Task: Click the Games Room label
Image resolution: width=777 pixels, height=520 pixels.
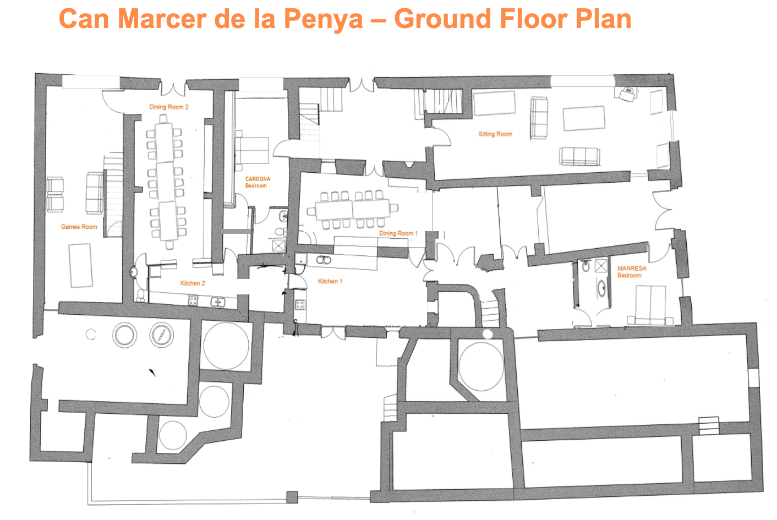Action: tap(79, 227)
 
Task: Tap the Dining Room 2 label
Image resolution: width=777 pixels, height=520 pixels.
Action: tap(169, 107)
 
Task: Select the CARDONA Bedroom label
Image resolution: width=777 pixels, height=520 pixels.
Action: tap(258, 182)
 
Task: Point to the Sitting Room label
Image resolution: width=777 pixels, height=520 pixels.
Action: tap(495, 134)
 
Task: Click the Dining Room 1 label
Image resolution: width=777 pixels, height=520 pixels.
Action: tap(398, 233)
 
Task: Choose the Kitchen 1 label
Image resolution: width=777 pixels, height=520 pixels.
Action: tap(330, 281)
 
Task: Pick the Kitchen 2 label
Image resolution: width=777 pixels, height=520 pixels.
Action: tap(193, 283)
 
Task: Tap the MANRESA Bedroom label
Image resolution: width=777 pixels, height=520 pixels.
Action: tap(632, 272)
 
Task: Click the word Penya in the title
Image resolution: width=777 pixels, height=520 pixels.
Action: tap(323, 19)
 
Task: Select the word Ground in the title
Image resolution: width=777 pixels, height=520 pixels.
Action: tap(442, 19)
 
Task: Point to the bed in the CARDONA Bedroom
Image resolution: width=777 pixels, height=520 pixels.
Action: tap(252, 151)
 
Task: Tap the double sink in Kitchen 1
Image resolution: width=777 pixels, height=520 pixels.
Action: tap(323, 260)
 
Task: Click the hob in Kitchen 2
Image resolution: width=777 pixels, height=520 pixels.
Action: tap(193, 301)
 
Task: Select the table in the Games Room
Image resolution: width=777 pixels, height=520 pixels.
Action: tap(81, 265)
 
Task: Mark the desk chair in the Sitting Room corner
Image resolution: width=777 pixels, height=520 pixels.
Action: tap(628, 94)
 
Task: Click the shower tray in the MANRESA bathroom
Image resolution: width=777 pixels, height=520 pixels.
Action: tap(601, 266)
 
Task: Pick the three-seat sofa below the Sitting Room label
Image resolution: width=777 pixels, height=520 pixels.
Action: tap(579, 156)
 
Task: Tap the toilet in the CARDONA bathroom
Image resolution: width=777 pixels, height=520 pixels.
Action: tap(281, 231)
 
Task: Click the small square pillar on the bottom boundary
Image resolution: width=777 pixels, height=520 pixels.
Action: tap(292, 497)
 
